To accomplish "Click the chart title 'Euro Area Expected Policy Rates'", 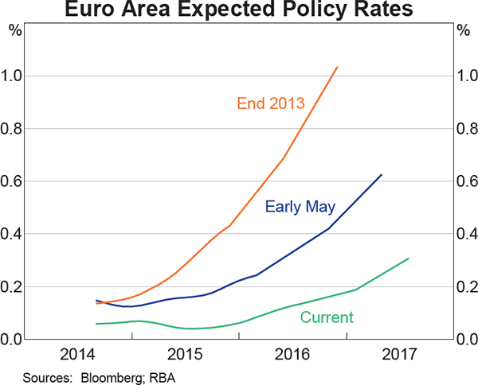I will [x=239, y=11].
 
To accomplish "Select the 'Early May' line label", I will [x=300, y=207].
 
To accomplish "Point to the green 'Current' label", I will [x=327, y=317].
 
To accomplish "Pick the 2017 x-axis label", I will [x=400, y=355].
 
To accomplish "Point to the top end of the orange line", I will [x=338, y=68].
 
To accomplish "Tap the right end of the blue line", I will [x=382, y=175].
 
